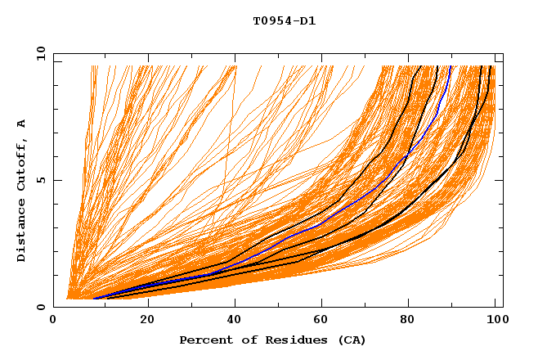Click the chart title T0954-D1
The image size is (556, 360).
pos(284,21)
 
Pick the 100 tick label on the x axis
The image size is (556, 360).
pos(495,320)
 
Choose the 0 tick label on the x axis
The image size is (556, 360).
pos(53,320)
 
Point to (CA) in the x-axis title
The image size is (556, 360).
pos(350,340)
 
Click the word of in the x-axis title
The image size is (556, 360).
pos(242,340)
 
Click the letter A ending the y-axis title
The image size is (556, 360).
pos(22,123)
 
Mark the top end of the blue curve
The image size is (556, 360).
pos(451,66)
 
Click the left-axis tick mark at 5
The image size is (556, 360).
pos(56,180)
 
